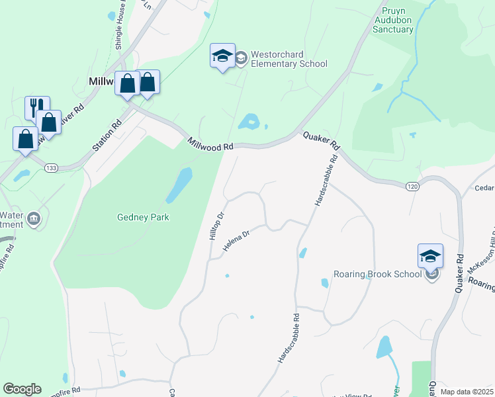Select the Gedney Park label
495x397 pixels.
coord(143,217)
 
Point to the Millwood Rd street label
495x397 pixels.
coord(210,143)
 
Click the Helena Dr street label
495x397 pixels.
coord(236,241)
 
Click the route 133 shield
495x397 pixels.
coord(50,169)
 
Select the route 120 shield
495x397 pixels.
coord(412,187)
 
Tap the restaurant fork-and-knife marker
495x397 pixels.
coord(36,108)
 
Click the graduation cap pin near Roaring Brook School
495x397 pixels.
coord(430,255)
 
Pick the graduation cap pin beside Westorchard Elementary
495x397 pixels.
coord(222,56)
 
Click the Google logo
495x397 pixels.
coord(21,389)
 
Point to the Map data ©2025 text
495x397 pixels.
coord(467,392)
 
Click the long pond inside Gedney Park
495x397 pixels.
coord(179,185)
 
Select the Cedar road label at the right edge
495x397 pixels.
coord(484,187)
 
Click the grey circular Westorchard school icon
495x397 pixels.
coord(241,60)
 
